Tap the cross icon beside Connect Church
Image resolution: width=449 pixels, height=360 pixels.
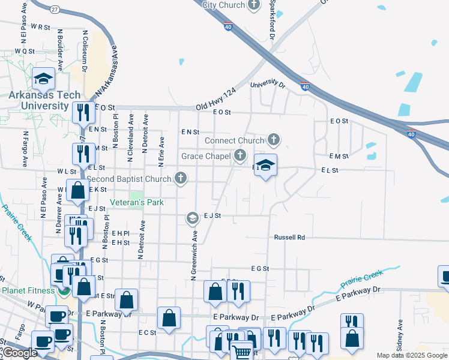coord(274,140)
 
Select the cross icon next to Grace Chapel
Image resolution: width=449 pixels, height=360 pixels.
coord(240,156)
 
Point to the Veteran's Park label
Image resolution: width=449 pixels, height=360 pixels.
coord(136,203)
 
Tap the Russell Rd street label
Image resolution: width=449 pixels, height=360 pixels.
coord(289,238)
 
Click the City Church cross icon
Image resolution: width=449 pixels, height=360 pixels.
coord(254,5)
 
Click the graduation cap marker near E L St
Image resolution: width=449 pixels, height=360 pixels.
coord(265,164)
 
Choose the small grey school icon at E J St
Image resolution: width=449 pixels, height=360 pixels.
coord(192,217)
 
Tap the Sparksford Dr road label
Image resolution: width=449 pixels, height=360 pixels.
coord(272,20)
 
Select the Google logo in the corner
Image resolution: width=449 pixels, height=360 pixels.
coord(19,353)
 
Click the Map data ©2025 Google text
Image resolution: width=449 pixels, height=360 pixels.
coord(411,355)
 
